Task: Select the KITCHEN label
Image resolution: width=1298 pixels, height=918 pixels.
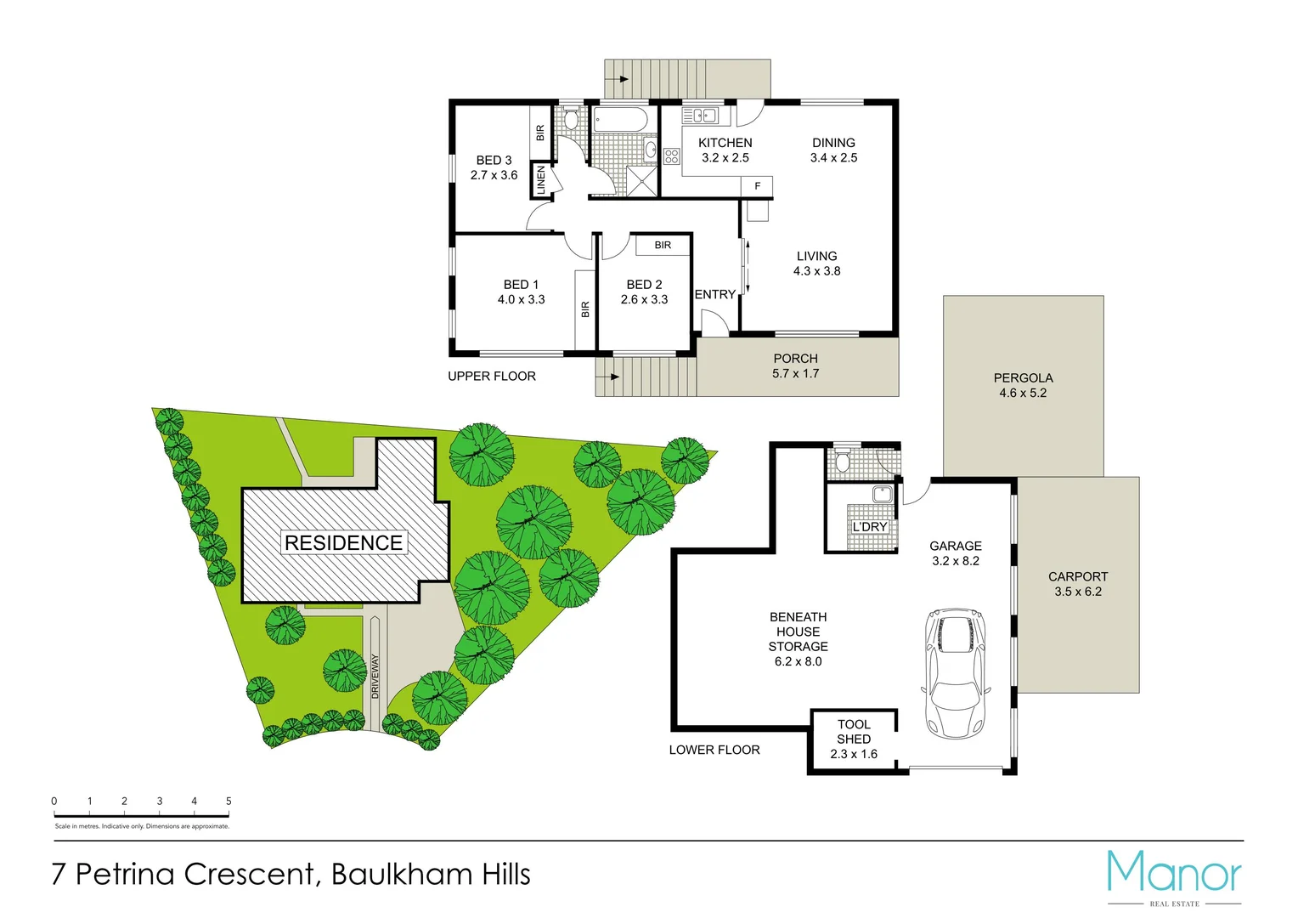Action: click(725, 143)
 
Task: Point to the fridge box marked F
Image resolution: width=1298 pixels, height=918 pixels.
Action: click(757, 186)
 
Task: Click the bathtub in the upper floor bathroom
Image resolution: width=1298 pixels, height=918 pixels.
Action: click(620, 118)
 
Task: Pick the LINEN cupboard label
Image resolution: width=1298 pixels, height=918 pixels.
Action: click(541, 180)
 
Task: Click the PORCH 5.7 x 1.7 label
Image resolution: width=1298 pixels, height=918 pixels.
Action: click(796, 366)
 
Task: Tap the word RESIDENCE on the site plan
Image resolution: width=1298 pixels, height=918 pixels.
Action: click(343, 543)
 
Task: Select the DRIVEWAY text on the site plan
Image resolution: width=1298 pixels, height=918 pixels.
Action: click(375, 677)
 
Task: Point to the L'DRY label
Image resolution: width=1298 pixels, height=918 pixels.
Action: click(870, 527)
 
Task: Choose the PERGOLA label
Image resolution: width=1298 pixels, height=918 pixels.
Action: click(1023, 378)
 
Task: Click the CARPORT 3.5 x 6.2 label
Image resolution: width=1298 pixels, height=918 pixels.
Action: click(1078, 584)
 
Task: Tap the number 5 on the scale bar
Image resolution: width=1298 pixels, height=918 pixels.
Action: click(229, 801)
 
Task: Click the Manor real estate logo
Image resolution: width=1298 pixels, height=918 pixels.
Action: click(1174, 876)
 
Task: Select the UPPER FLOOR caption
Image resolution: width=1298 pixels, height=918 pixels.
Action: click(492, 377)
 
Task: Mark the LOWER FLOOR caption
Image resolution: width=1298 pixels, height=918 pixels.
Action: click(714, 750)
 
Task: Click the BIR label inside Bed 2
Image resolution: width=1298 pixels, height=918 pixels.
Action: click(663, 246)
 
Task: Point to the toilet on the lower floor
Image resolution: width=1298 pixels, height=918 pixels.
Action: click(843, 460)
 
